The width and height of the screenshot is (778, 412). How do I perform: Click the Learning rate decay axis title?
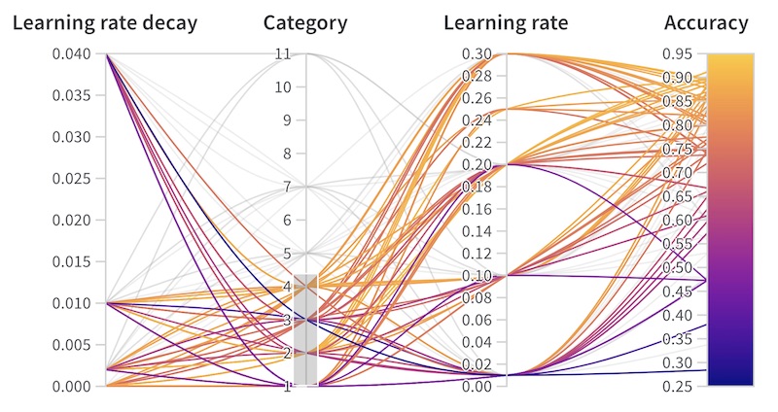(105, 23)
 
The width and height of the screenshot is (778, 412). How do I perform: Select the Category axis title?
(305, 23)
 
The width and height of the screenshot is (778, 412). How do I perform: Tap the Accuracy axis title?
(706, 23)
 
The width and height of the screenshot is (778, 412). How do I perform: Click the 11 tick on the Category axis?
(283, 53)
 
